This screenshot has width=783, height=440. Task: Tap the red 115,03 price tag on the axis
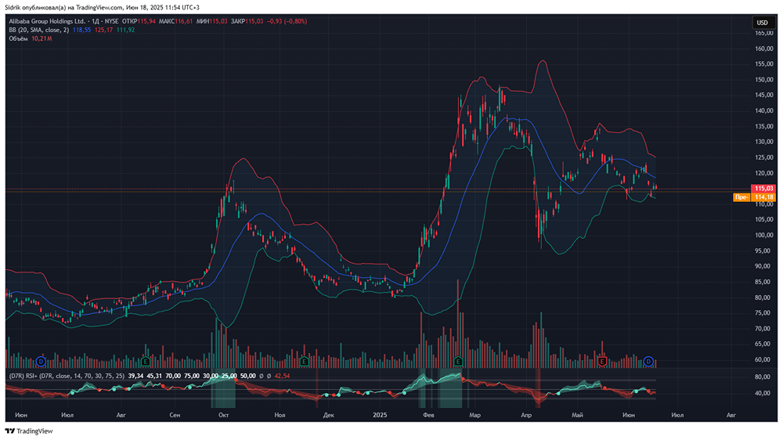763,189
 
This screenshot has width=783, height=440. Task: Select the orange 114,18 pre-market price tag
763,197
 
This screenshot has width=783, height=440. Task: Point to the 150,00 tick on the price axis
763,79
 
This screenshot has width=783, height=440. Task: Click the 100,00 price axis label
763,235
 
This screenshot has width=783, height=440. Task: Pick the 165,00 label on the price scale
763,33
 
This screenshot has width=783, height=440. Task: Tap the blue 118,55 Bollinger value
82,30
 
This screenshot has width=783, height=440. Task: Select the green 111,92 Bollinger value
125,30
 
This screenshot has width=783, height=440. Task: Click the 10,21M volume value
41,38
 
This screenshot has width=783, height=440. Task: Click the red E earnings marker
601,361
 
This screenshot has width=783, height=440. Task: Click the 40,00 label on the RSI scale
763,393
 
